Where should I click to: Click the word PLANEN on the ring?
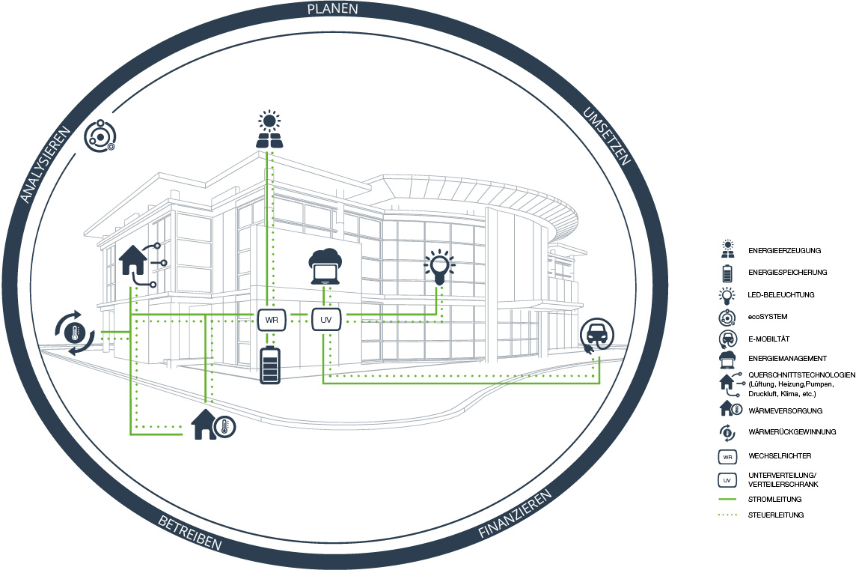(x=332, y=10)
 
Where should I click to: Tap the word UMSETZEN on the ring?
(x=606, y=136)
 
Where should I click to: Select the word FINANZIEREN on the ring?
(x=516, y=515)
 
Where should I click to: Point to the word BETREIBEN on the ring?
(x=189, y=533)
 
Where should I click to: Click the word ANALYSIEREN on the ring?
(x=45, y=164)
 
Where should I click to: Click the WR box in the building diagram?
(x=269, y=320)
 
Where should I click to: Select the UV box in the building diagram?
(x=325, y=320)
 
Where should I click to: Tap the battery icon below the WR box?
(x=269, y=366)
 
